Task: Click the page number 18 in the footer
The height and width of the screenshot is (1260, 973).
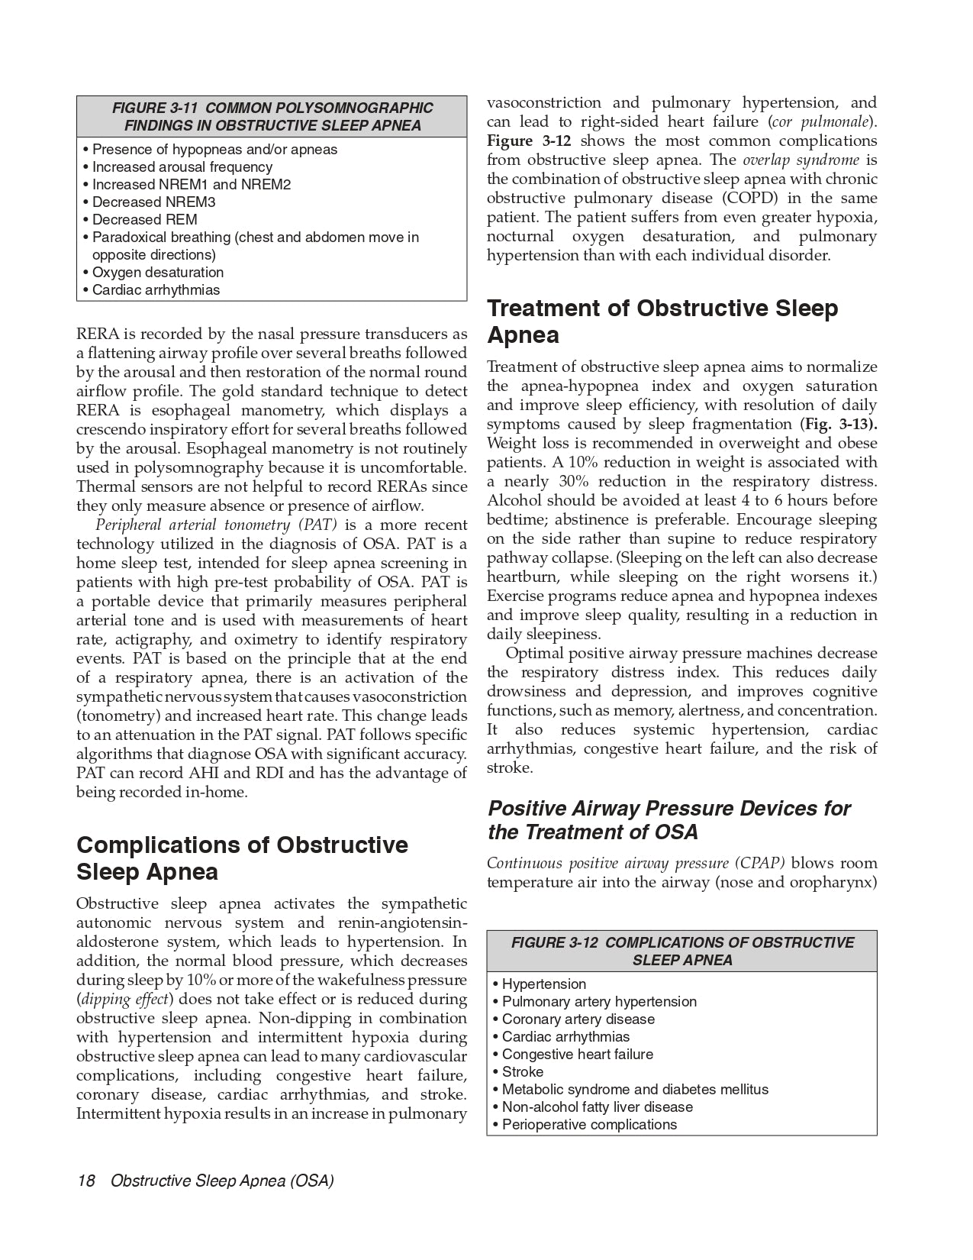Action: pyautogui.click(x=85, y=1181)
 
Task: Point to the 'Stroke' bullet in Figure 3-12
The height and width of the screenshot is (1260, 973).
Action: pyautogui.click(x=523, y=1072)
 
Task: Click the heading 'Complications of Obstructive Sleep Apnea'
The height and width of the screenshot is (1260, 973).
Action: pyautogui.click(x=242, y=858)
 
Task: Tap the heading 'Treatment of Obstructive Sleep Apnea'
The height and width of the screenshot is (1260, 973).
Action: pyautogui.click(x=662, y=321)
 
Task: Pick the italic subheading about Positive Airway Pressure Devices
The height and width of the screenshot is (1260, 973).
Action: pyautogui.click(x=669, y=820)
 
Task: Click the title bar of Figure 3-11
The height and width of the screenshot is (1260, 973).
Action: pyautogui.click(x=272, y=117)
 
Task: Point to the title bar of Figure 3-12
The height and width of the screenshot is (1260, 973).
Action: pyautogui.click(x=681, y=951)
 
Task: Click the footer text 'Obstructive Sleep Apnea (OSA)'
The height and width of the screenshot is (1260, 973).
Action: pyautogui.click(x=222, y=1181)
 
